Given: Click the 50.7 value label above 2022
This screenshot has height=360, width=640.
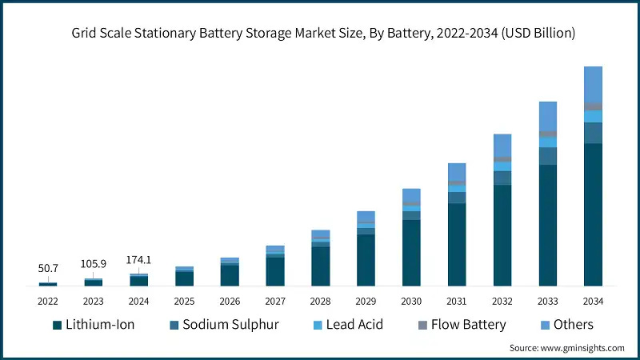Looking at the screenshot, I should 48,267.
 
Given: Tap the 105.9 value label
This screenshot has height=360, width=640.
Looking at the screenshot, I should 94,264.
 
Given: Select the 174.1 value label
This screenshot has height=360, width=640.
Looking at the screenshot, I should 139,260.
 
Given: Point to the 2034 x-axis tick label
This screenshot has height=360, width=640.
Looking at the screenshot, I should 593,301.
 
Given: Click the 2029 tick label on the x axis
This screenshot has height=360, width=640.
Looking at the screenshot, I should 366,301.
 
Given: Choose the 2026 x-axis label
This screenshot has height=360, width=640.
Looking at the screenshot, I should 230,301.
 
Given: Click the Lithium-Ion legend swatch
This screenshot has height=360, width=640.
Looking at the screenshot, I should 57,325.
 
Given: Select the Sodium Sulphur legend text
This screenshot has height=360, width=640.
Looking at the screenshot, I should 230,324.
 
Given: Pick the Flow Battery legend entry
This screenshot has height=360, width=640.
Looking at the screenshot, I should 468,324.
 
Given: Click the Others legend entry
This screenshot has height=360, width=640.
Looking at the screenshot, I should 573,324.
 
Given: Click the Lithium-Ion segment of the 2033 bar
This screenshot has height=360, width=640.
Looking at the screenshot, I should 547,225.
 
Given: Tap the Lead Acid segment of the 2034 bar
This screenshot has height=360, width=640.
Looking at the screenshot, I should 593,117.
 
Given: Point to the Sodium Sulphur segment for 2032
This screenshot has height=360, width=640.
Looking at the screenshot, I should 502,178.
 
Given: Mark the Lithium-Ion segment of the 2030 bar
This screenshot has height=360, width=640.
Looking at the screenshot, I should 411,252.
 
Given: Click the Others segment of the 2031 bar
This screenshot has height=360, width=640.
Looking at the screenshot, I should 457,172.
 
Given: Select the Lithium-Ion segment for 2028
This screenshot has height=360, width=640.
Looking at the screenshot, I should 320,266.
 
